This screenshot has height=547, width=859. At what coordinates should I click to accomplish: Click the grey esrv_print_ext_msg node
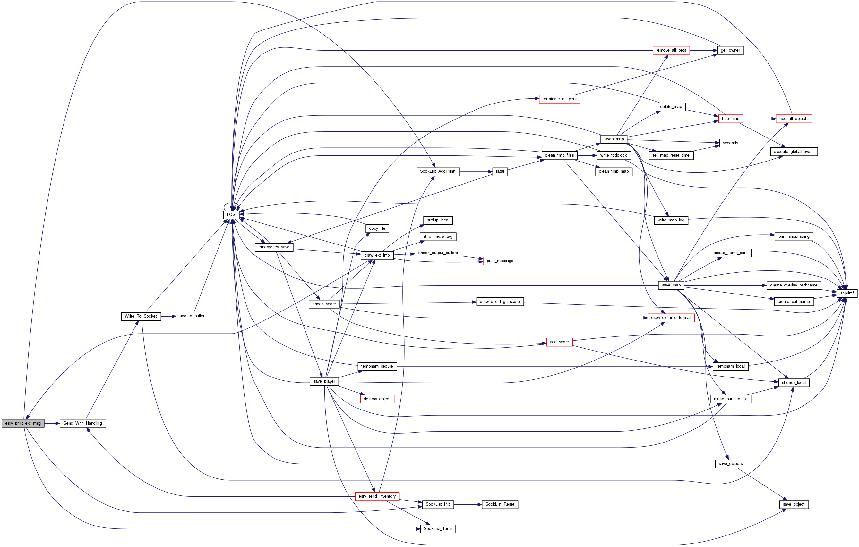[x=23, y=423]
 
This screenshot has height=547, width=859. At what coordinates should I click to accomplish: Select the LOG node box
[x=231, y=214]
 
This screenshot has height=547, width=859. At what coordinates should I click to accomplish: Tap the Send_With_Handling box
[x=83, y=423]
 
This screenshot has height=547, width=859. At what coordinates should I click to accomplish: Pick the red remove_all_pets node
[x=671, y=50]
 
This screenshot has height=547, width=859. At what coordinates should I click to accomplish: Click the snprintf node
[x=847, y=293]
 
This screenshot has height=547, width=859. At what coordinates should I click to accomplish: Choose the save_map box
[x=671, y=285]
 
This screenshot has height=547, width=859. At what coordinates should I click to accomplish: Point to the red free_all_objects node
[x=794, y=118]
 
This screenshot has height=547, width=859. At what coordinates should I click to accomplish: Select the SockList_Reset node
[x=500, y=504]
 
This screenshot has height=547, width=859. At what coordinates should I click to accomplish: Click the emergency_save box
[x=274, y=247]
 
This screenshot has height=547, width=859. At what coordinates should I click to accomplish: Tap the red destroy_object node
[x=377, y=399]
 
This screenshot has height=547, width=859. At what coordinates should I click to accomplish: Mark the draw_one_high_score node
[x=500, y=302]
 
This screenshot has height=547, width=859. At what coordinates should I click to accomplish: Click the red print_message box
[x=500, y=261]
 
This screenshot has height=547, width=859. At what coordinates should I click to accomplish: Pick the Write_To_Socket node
[x=141, y=316]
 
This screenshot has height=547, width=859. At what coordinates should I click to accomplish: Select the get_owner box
[x=730, y=50]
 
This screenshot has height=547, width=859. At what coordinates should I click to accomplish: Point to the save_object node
[x=794, y=504]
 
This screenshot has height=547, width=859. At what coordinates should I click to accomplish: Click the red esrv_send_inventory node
[x=377, y=496]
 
